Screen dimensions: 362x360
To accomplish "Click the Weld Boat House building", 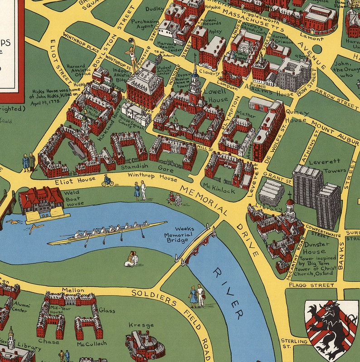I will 42,202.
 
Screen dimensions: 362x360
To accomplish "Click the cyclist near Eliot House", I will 107,181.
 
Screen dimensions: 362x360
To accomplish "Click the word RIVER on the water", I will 229,293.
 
